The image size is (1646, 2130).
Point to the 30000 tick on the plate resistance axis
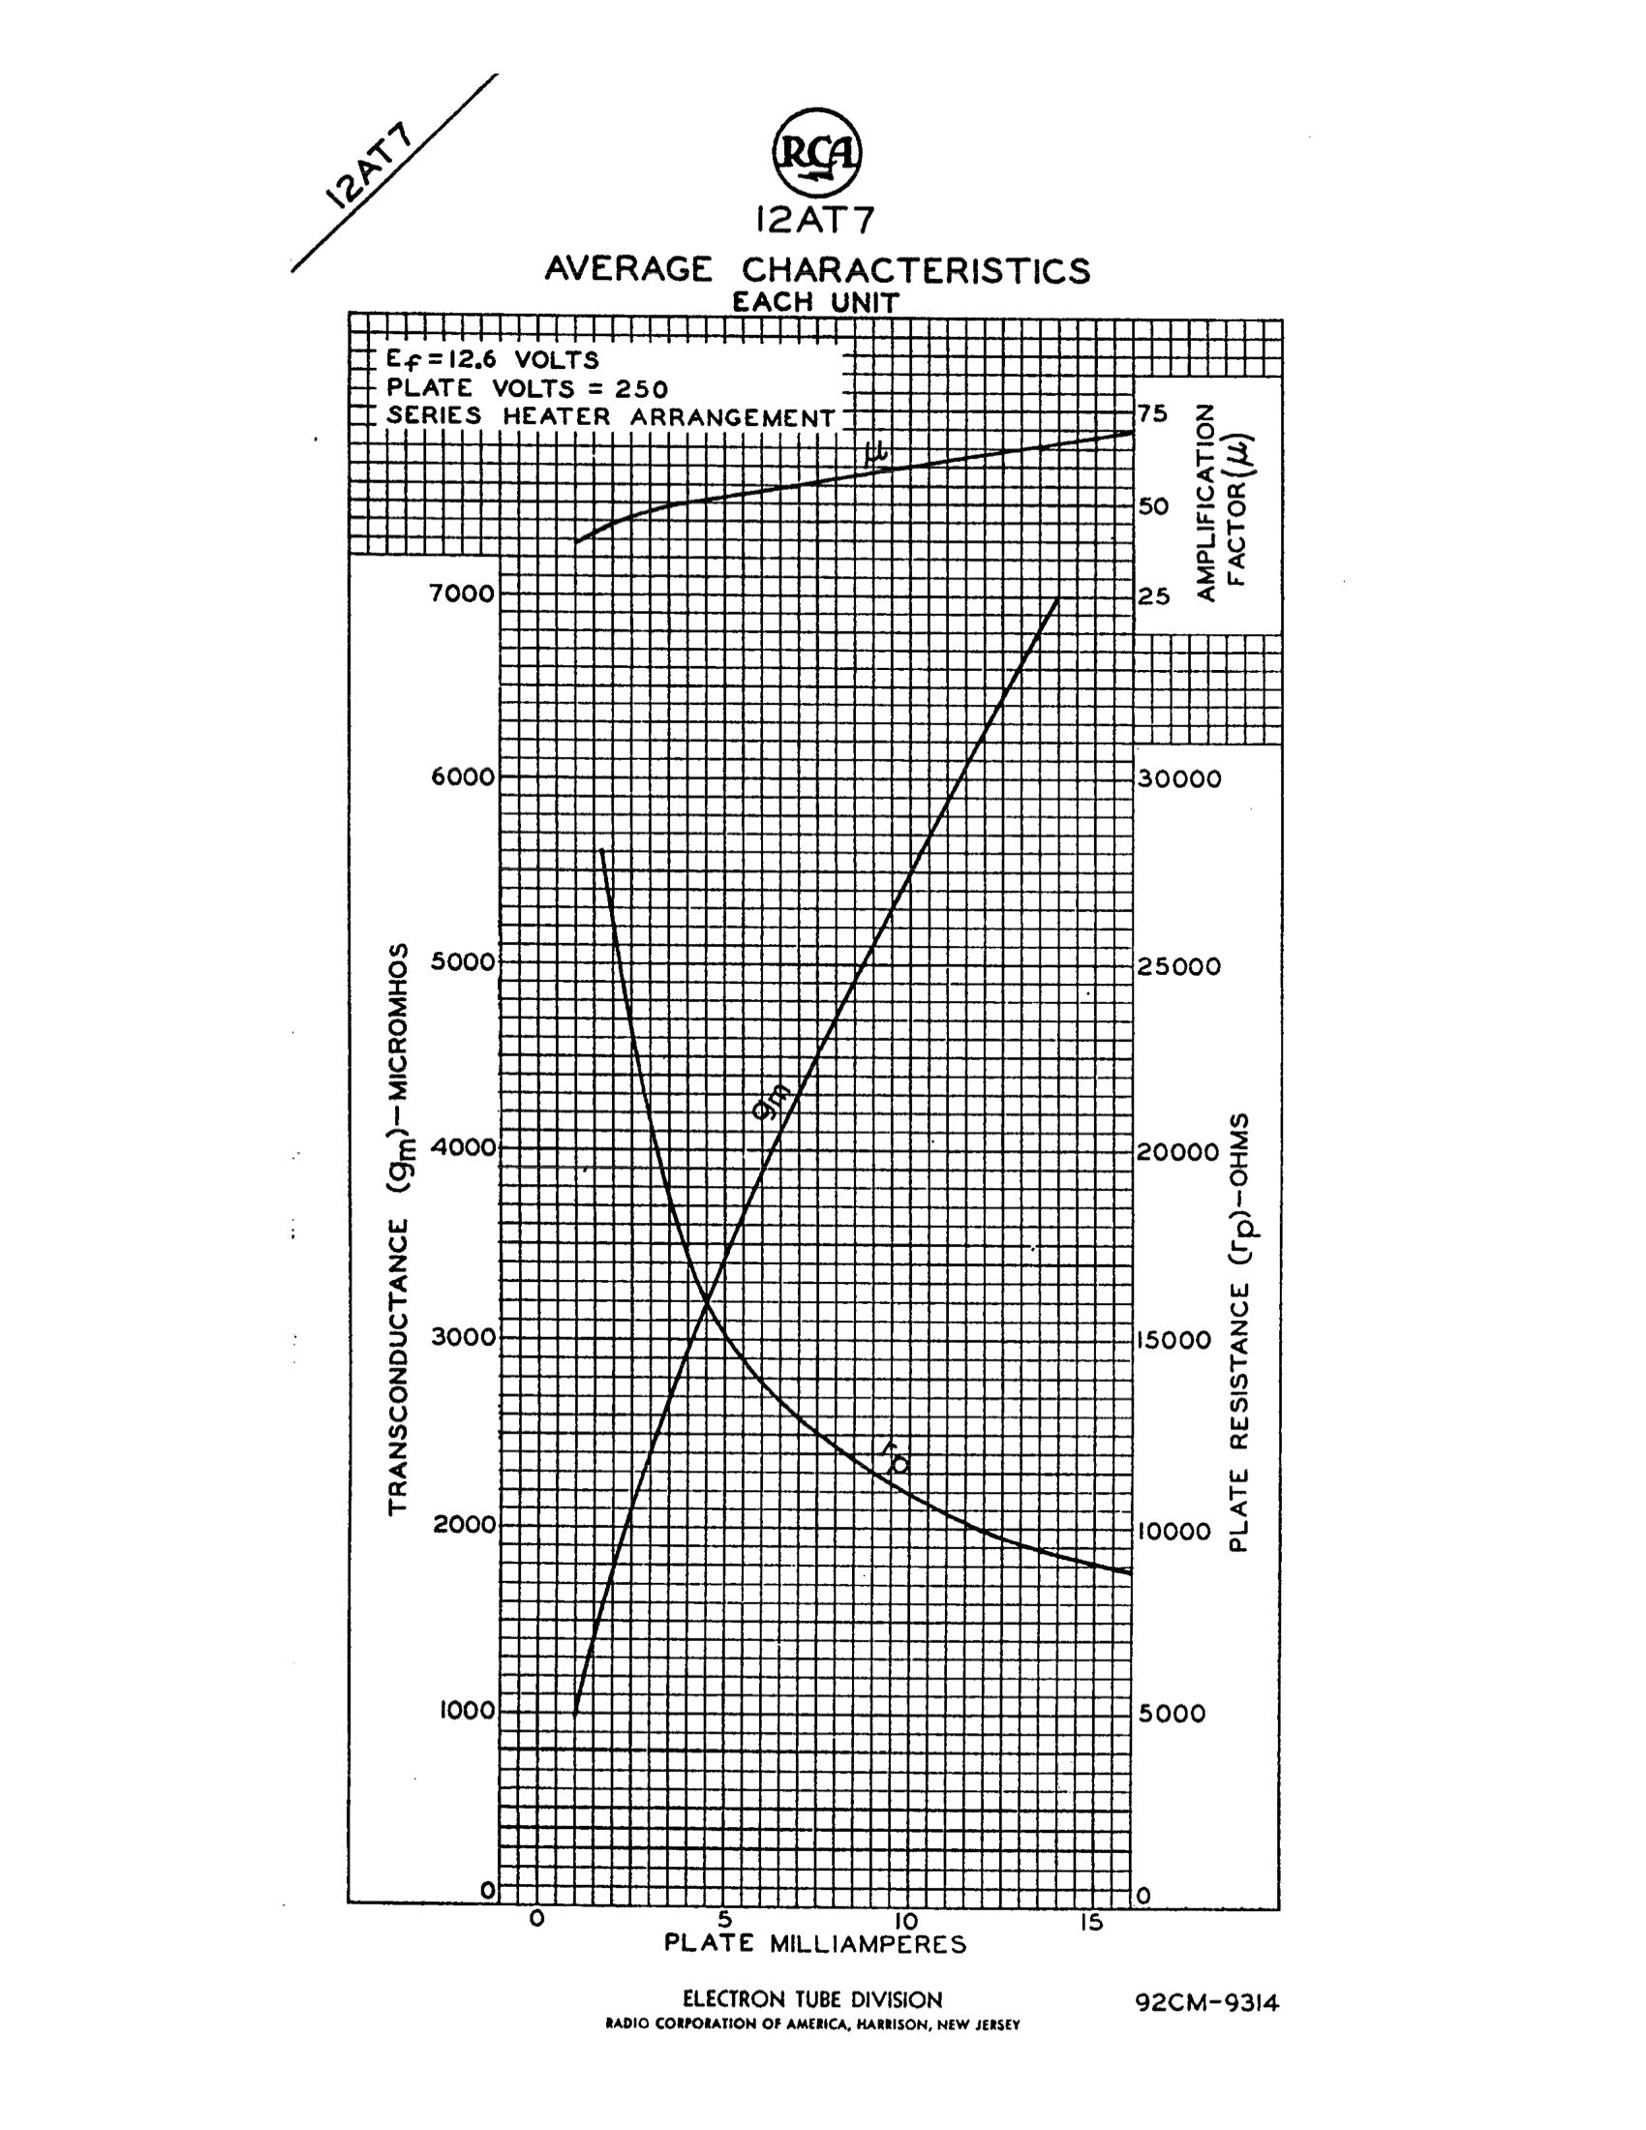coord(1179,779)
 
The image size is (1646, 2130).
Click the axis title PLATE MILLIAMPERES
coord(815,1944)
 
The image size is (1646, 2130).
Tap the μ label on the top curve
coord(876,451)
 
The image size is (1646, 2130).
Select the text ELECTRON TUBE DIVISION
coord(812,1999)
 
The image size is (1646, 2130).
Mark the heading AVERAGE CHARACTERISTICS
coord(817,269)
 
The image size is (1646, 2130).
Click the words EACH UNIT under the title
coord(815,302)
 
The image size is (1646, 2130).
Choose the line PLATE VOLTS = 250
coord(527,389)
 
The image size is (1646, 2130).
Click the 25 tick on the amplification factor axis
coord(1153,594)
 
